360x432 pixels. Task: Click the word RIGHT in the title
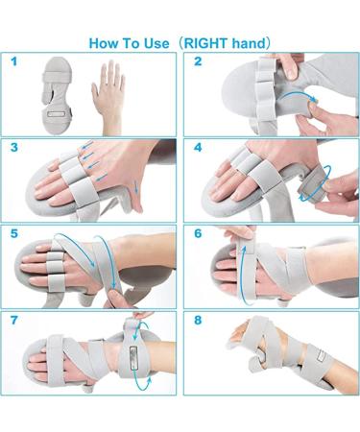210,42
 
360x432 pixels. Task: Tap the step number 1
13,61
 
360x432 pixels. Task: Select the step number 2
198,61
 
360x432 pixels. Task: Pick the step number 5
13,232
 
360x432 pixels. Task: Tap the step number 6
198,232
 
